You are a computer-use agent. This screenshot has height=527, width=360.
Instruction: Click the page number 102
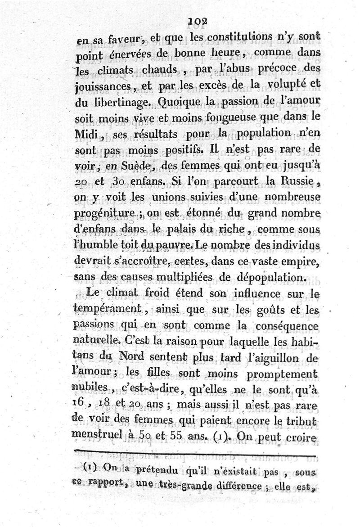coord(197,21)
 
